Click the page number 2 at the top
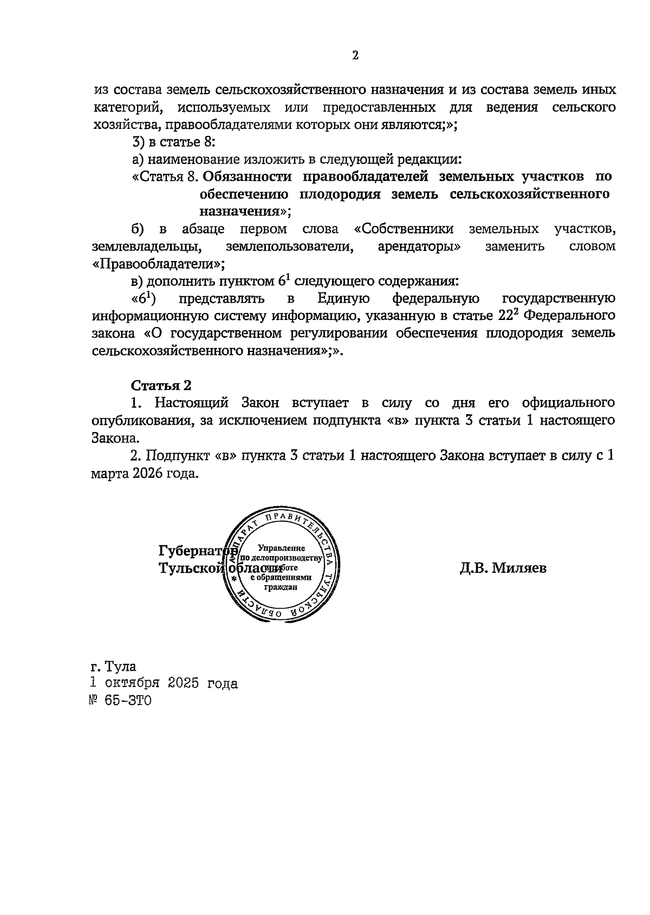pyautogui.click(x=355, y=56)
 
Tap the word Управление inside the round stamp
pyautogui.click(x=281, y=548)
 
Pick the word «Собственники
pyautogui.click(x=404, y=229)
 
